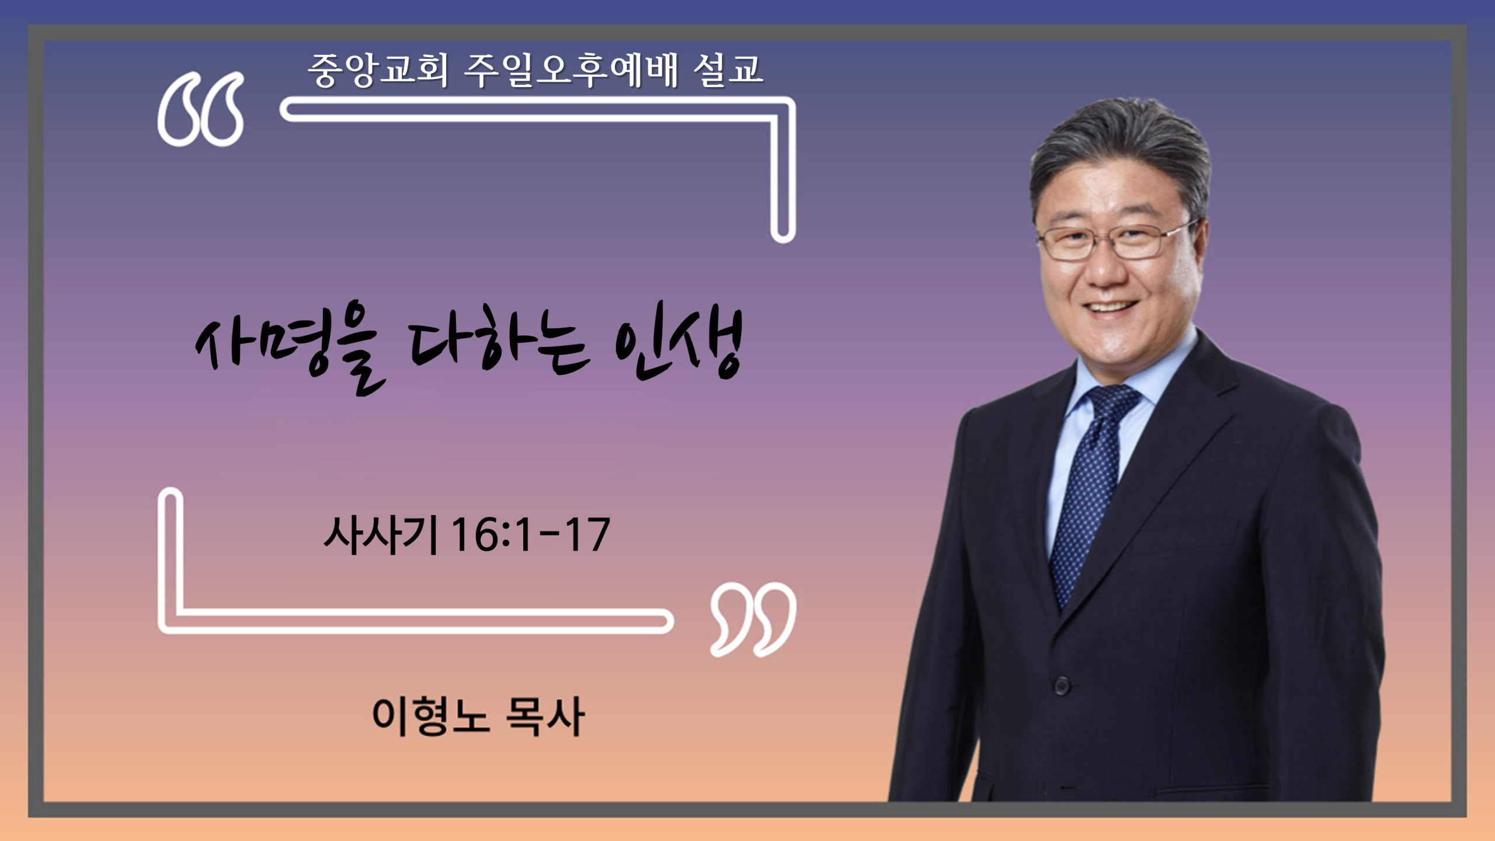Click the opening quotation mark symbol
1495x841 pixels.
click(200, 109)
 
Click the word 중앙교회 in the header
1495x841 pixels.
click(378, 71)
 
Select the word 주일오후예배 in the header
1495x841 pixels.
click(571, 71)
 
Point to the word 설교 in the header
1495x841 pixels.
click(728, 71)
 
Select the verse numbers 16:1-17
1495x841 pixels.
click(531, 534)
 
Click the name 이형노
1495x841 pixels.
click(430, 717)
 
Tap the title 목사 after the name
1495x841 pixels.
click(544, 717)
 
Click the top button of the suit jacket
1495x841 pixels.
click(1062, 685)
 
